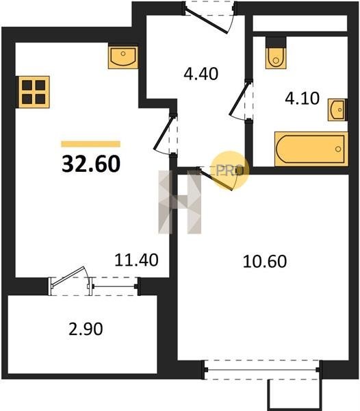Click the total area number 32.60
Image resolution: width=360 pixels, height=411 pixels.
coord(91,164)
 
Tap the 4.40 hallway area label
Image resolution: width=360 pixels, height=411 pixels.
coord(201,74)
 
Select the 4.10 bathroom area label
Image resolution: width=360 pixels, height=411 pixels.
coord(302,99)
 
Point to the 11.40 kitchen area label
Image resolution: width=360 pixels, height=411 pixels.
coord(136,260)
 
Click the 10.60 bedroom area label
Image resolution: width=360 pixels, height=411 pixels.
coord(265,262)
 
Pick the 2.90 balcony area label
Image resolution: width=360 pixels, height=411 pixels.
coord(86,329)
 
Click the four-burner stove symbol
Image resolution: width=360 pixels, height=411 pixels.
coord(34,92)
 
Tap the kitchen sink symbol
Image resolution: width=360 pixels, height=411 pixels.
coord(123,58)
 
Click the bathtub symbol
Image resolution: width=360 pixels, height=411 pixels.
coord(311,149)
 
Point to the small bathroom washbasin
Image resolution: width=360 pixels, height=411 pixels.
coord(337,110)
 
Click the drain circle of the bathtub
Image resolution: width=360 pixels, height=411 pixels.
coord(338,149)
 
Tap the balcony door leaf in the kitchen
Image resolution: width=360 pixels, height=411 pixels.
coord(68,277)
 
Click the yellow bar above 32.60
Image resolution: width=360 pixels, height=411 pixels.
coord(90,144)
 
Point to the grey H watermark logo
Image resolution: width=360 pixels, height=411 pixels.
coord(179,202)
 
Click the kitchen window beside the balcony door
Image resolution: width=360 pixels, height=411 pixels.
coord(114,286)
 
